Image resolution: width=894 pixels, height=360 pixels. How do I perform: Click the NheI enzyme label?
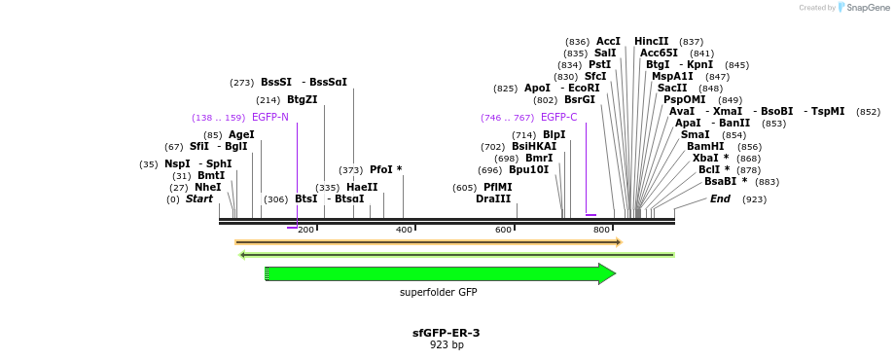[x=207, y=187]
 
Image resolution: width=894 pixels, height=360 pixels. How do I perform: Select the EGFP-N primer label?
[x=269, y=117]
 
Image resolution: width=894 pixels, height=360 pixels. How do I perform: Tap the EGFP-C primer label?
[x=558, y=117]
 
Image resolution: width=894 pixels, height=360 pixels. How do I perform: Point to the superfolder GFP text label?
[x=438, y=292]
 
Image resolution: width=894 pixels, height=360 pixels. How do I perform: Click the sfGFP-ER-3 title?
[x=446, y=333]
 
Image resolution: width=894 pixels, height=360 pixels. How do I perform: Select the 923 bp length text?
[x=447, y=344]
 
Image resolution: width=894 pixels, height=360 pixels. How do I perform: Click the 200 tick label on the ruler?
[x=305, y=230]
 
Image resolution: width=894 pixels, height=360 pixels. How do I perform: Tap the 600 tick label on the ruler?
[x=503, y=230]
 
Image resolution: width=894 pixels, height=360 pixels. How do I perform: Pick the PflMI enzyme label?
[x=497, y=187]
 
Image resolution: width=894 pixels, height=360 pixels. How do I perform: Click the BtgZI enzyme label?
[x=302, y=99]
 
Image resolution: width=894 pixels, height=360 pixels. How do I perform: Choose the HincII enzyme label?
[x=651, y=41]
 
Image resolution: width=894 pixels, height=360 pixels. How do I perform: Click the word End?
[x=720, y=198]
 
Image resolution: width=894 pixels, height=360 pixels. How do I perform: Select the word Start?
[x=198, y=198]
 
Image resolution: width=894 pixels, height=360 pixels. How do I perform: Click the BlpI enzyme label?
[x=554, y=134]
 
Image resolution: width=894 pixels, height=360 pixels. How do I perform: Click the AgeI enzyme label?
[x=241, y=134]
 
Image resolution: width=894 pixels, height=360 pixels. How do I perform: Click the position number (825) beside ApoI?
[x=505, y=88]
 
